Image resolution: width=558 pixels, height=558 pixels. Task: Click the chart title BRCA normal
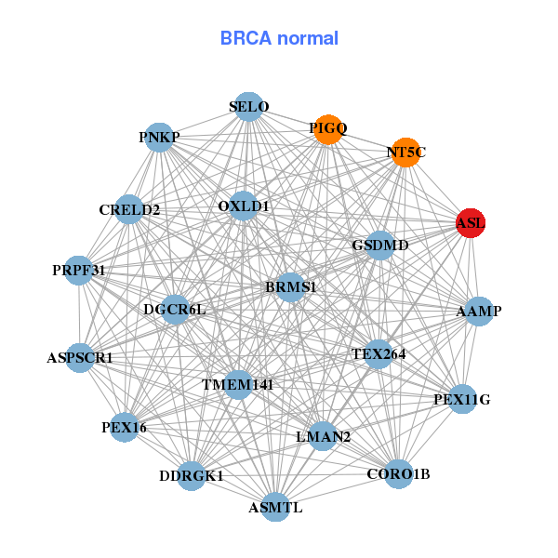279,39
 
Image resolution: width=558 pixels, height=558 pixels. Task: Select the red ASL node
471,223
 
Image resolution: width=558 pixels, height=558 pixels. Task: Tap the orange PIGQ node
327,129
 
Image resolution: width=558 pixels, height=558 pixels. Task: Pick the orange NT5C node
405,153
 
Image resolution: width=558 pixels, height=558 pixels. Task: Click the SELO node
248,107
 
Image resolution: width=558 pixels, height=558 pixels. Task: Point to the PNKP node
160,138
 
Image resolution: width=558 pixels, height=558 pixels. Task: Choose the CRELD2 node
130,209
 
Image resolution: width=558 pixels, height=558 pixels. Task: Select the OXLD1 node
243,206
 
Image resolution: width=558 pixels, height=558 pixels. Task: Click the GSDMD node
380,246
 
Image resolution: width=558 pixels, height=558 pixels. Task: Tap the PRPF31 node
79,271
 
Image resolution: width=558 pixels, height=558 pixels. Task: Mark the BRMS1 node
291,286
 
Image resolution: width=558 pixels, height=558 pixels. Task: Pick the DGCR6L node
175,309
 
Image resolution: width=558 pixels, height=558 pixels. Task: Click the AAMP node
478,312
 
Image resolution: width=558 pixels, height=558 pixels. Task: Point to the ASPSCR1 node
80,357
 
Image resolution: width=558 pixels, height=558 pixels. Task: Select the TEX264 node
378,353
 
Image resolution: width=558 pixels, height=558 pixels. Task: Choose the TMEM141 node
237,384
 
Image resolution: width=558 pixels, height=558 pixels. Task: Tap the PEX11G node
461,400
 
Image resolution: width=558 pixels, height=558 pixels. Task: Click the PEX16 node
125,428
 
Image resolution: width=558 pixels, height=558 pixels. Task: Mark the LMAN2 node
323,436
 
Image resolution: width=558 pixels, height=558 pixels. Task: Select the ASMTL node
275,507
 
